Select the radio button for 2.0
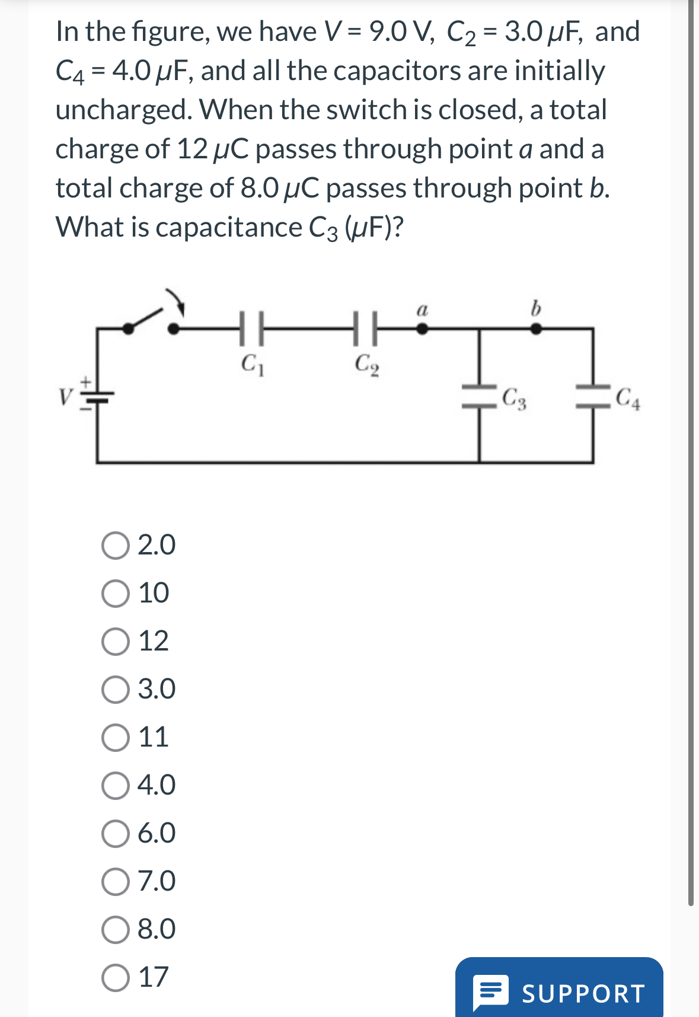click(x=115, y=546)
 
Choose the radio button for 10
click(x=115, y=594)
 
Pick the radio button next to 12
click(x=115, y=642)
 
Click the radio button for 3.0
click(x=115, y=690)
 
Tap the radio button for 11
click(x=115, y=738)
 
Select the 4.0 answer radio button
click(x=115, y=786)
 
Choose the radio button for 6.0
click(x=115, y=834)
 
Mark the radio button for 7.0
click(x=115, y=882)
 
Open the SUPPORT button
click(x=559, y=992)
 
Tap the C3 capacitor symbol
click(x=480, y=396)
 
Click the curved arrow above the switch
click(x=176, y=301)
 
